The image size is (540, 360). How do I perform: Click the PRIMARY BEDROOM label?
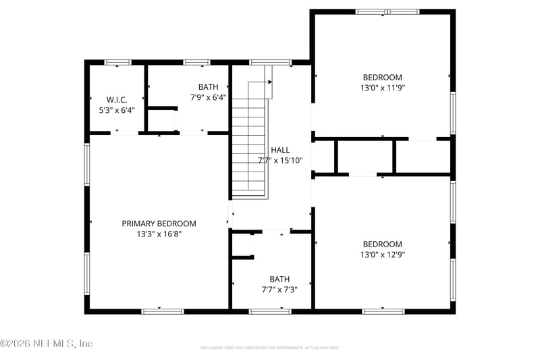pyautogui.click(x=159, y=224)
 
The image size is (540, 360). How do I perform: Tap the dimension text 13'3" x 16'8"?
pyautogui.click(x=159, y=234)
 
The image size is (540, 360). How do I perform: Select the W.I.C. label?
pyautogui.click(x=117, y=99)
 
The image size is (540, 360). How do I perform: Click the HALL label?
pyautogui.click(x=280, y=150)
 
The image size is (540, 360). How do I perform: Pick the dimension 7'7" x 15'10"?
pyautogui.click(x=280, y=161)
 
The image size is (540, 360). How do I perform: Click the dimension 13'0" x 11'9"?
pyautogui.click(x=382, y=87)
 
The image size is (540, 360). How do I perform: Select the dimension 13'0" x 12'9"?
pyautogui.click(x=382, y=255)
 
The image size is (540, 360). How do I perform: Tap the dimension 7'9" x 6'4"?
pyautogui.click(x=208, y=97)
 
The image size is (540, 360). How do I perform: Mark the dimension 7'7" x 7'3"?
pyautogui.click(x=279, y=289)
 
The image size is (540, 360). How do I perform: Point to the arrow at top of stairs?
pyautogui.click(x=269, y=82)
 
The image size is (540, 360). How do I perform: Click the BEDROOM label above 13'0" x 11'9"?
pyautogui.click(x=382, y=77)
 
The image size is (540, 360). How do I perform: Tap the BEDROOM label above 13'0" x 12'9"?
pyautogui.click(x=382, y=245)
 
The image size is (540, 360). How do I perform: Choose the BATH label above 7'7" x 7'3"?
pyautogui.click(x=279, y=279)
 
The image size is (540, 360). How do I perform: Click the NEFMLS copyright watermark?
pyautogui.click(x=46, y=343)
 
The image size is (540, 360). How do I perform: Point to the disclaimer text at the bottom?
pyautogui.click(x=269, y=348)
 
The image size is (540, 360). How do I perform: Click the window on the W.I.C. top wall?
pyautogui.click(x=117, y=63)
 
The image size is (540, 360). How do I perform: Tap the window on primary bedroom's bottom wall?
pyautogui.click(x=162, y=311)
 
